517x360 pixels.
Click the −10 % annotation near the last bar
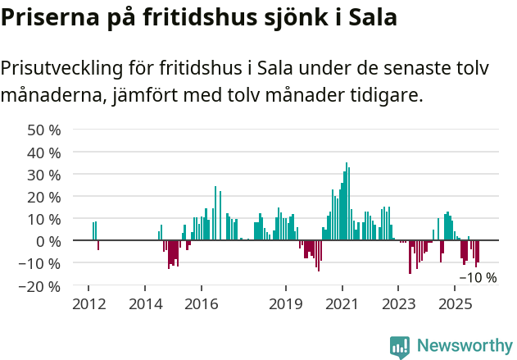478,277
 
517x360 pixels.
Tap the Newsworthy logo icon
400,347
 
